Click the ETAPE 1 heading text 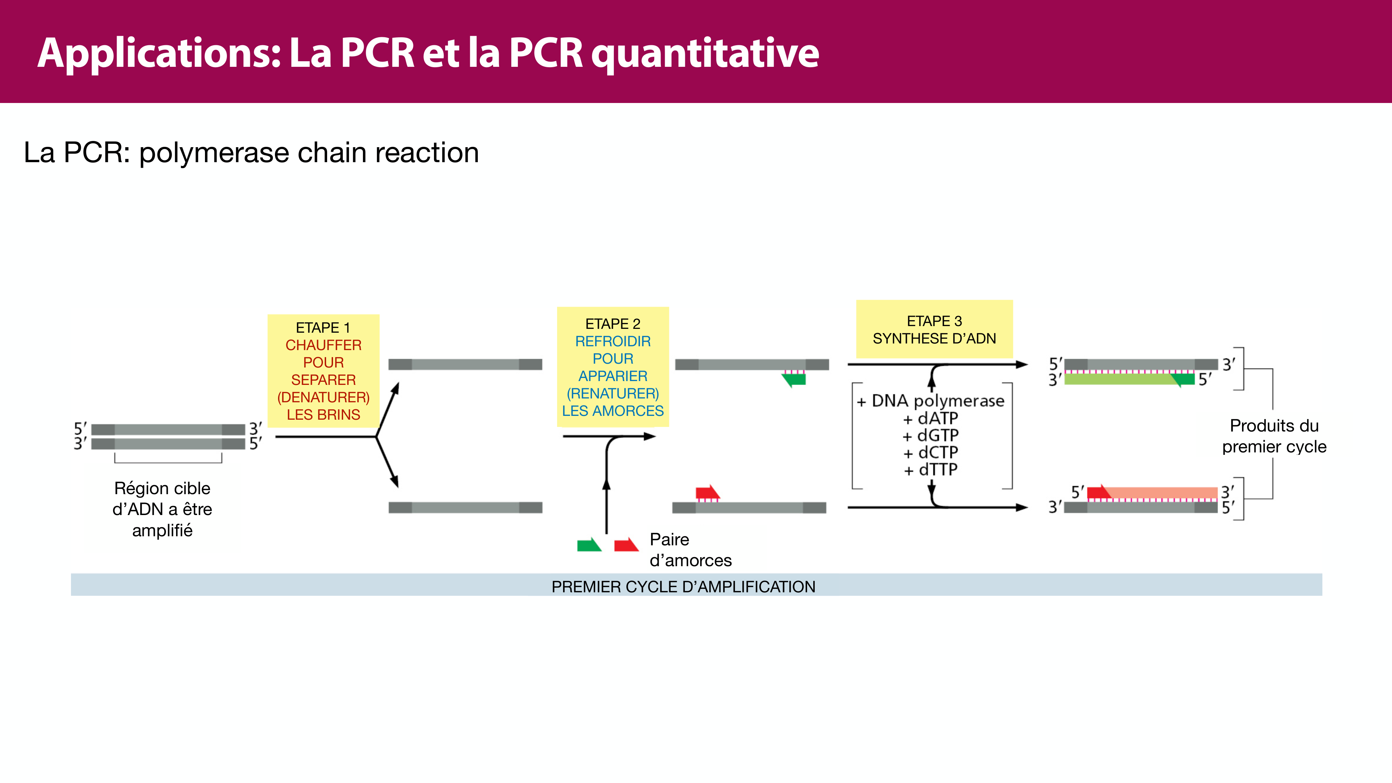pos(323,327)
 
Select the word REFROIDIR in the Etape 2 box pos(613,341)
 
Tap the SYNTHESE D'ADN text pos(934,339)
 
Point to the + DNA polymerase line pos(931,401)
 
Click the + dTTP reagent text pos(931,469)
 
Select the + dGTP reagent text pos(931,436)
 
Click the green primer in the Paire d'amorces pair pos(588,545)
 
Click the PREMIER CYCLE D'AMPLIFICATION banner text pos(683,587)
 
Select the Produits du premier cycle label pos(1274,436)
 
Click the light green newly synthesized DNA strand pos(1118,379)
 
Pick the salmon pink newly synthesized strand pos(1162,492)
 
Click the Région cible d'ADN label pos(162,509)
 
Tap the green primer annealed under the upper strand pos(794,379)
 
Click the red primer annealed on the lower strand pos(707,492)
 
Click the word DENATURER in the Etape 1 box pos(323,397)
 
